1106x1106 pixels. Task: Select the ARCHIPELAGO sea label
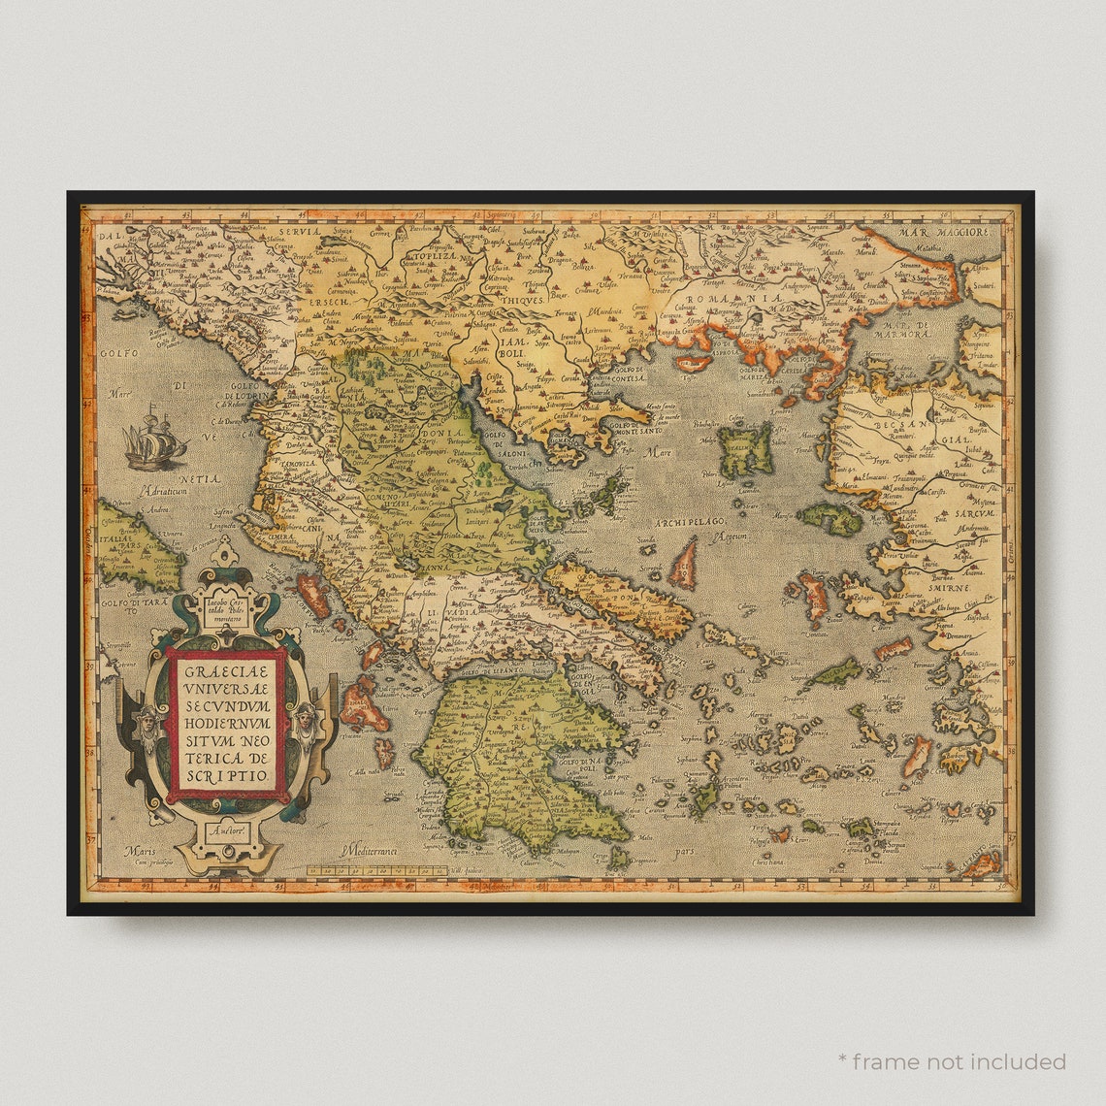[x=691, y=523]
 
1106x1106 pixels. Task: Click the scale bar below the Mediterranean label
[x=376, y=870]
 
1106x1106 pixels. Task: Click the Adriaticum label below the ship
[x=162, y=491]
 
